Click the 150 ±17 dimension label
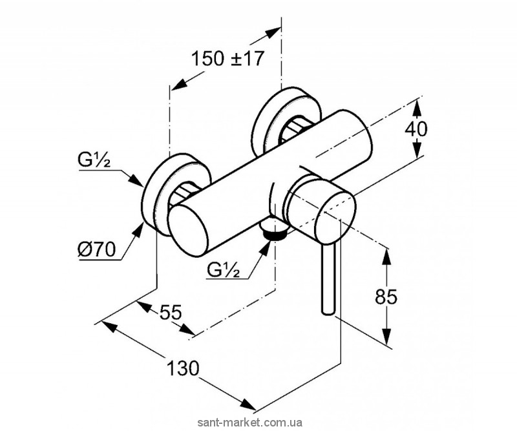tap(229, 59)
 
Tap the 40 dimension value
tap(416, 129)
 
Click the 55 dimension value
tap(170, 313)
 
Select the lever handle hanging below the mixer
tap(328, 278)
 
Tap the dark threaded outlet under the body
tap(275, 232)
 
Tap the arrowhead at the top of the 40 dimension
tap(417, 104)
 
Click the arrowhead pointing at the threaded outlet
tap(264, 244)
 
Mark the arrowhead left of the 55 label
tap(143, 303)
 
